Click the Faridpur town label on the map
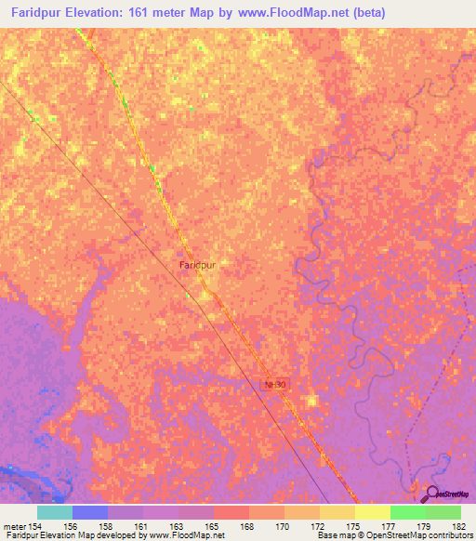pos(197,265)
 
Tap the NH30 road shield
pos(271,383)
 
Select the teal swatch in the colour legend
pos(55,512)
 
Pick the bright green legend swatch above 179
pos(407,512)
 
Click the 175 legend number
pos(337,527)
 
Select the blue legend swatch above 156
pos(90,512)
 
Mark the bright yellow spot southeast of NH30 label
pos(312,401)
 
